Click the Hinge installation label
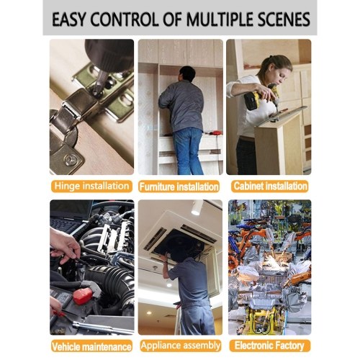click(x=91, y=186)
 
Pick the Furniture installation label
click(x=179, y=186)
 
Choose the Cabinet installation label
click(x=270, y=186)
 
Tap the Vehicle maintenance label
click(x=91, y=346)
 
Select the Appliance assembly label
click(x=181, y=346)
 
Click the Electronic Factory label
click(x=269, y=346)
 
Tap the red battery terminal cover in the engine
click(x=82, y=296)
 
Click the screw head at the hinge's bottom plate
click(x=71, y=159)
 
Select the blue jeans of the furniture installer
click(x=189, y=150)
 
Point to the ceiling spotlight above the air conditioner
click(x=197, y=208)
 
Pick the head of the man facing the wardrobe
click(x=187, y=73)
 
